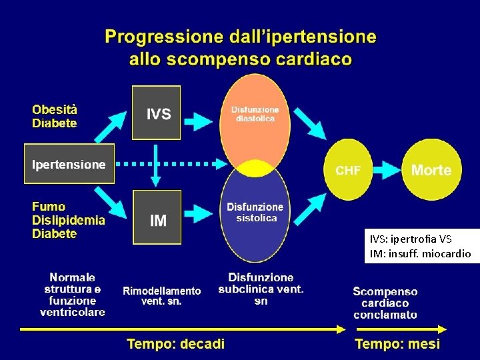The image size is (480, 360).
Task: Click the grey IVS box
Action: coord(156,113)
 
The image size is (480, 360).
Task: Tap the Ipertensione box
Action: coord(69,164)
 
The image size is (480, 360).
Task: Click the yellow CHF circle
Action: coord(349,170)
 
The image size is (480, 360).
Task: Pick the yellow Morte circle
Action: coord(431,170)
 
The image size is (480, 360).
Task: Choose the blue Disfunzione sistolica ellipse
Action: coord(255,217)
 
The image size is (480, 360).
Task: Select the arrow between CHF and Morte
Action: coord(387,170)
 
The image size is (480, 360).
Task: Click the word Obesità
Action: coord(55,110)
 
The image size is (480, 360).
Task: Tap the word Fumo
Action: coord(49,207)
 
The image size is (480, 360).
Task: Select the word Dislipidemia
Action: coord(69,221)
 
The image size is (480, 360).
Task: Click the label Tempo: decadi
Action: coord(176,344)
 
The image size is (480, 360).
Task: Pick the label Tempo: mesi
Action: coord(397,344)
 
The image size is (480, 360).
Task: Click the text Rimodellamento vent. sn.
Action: coord(161,296)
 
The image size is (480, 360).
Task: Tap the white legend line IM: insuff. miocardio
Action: coord(420,253)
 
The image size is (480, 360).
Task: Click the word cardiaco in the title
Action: coord(315,59)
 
